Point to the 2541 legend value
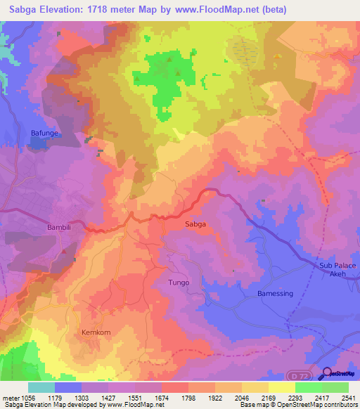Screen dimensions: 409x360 tap(348, 397)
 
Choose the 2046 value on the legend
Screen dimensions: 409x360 tap(241, 397)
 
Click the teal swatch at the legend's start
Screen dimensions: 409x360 tap(41, 387)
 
